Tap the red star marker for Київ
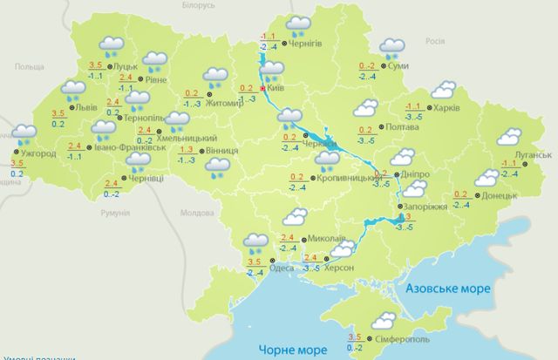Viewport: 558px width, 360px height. [x=263, y=88]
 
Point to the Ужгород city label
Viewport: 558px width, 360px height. [x=37, y=153]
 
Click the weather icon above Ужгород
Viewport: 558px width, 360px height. [x=24, y=134]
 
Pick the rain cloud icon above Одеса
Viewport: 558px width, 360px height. [x=256, y=241]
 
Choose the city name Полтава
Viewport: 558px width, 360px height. [x=402, y=127]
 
